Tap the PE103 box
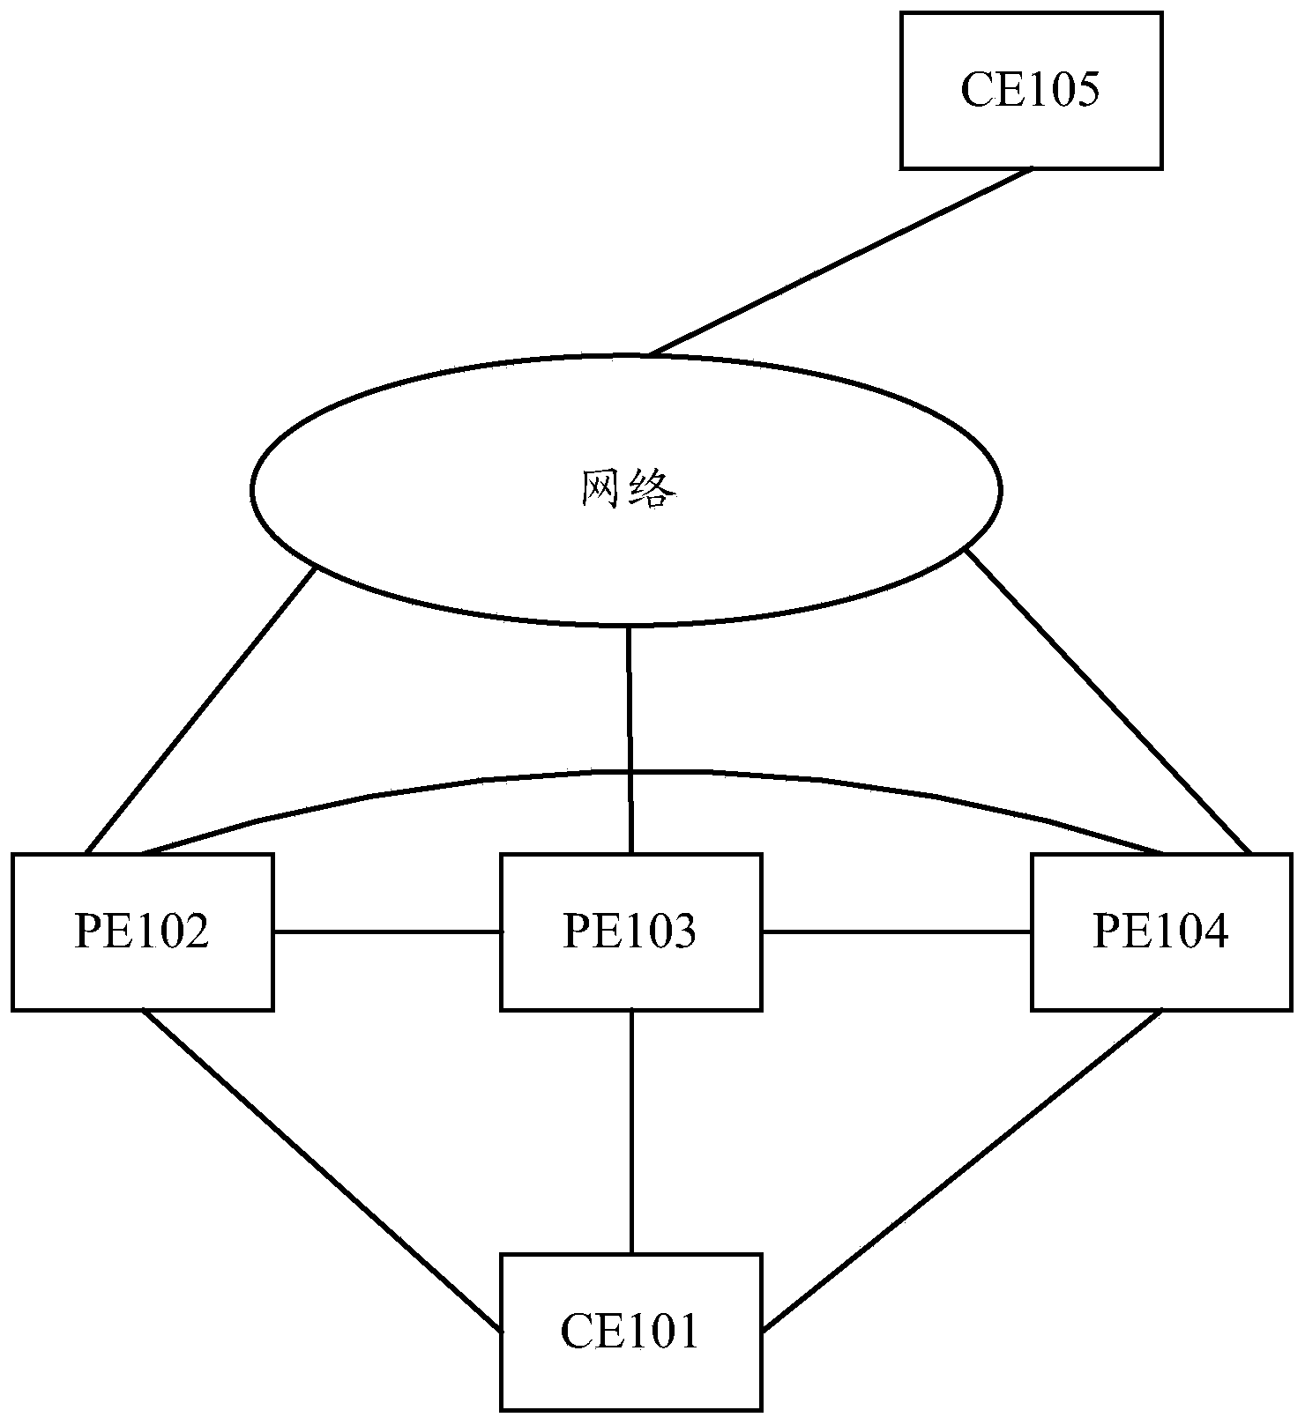(630, 969)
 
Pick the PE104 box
(1161, 969)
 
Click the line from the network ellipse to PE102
(201, 709)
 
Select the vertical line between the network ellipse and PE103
(630, 740)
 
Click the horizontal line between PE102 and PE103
(386, 931)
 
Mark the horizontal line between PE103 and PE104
(897, 931)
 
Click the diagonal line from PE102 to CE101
(322, 1170)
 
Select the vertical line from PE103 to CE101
(631, 1132)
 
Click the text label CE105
(1030, 90)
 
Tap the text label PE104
(1160, 931)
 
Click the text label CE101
(630, 1332)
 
